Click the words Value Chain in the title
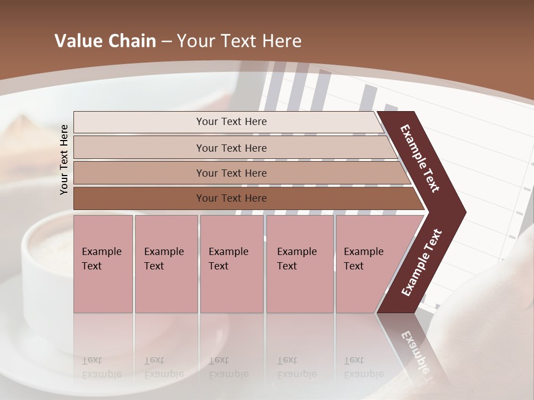pyautogui.click(x=105, y=41)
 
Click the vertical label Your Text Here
pyautogui.click(x=64, y=159)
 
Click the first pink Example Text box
pyautogui.click(x=103, y=264)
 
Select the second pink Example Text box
pyautogui.click(x=166, y=264)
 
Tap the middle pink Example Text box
pyautogui.click(x=231, y=264)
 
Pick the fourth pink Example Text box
pyautogui.click(x=299, y=264)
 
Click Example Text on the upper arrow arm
pyautogui.click(x=421, y=158)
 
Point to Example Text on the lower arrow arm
pyautogui.click(x=421, y=263)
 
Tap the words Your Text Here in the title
pyautogui.click(x=239, y=41)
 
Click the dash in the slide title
pyautogui.click(x=166, y=41)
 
